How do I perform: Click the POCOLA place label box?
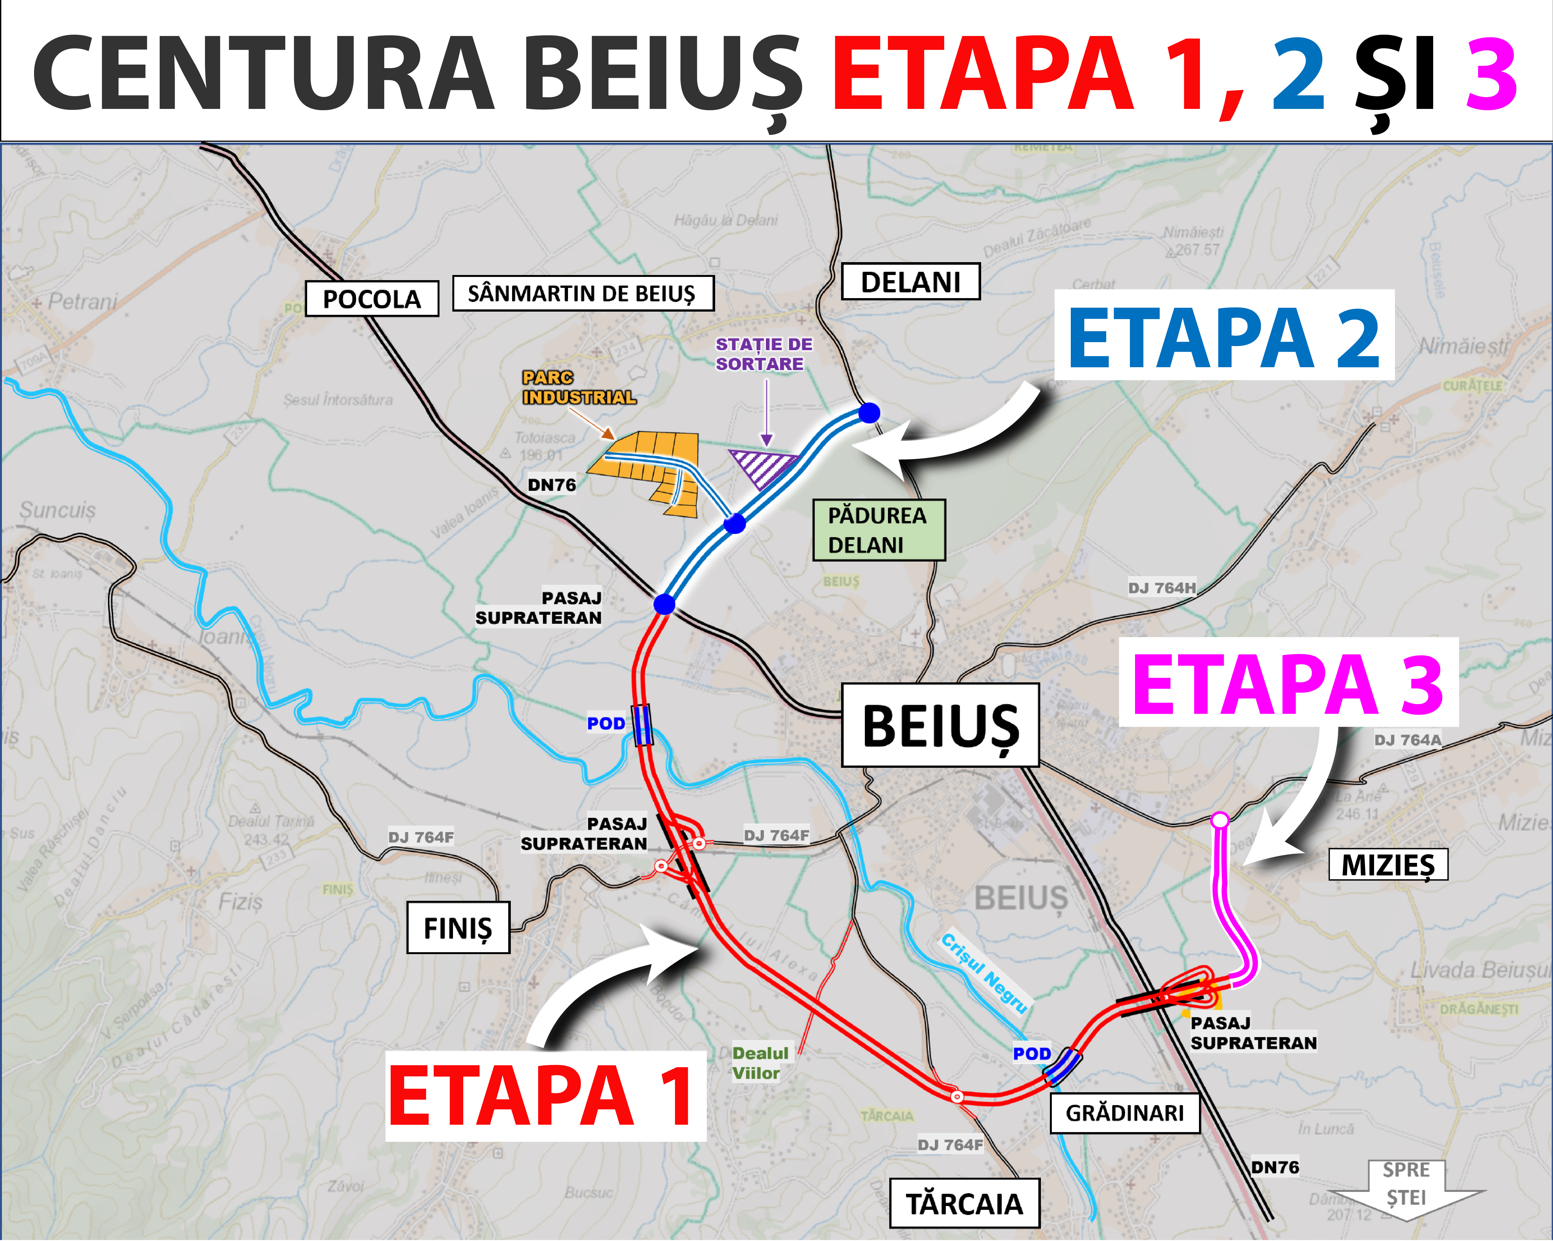[372, 298]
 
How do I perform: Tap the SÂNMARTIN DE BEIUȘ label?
[583, 293]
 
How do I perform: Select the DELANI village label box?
[910, 282]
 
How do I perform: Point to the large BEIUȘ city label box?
[940, 724]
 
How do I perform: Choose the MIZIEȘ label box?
[1387, 864]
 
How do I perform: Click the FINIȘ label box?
[458, 928]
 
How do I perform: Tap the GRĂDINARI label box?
[1124, 1113]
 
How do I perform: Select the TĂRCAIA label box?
[964, 1203]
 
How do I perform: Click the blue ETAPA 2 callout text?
[1224, 336]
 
